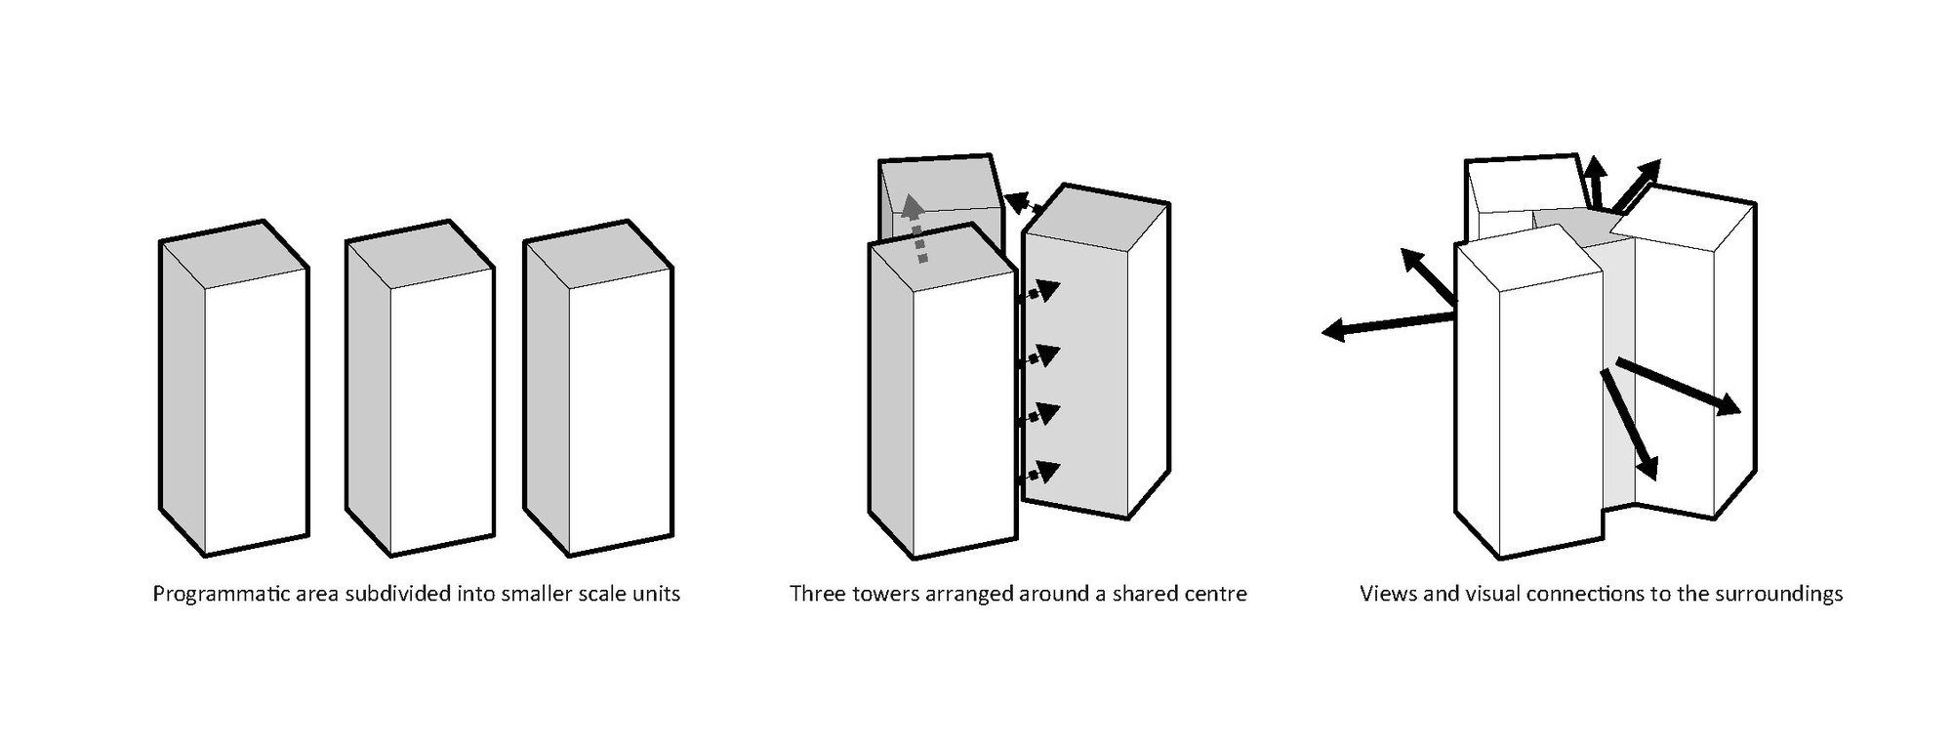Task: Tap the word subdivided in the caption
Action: tap(402, 594)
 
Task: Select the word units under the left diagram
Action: tap(655, 594)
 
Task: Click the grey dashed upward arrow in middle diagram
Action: tap(915, 229)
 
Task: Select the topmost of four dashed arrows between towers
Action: tap(1041, 292)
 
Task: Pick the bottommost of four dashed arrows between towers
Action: tap(1041, 474)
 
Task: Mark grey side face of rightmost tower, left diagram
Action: tap(547, 391)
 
